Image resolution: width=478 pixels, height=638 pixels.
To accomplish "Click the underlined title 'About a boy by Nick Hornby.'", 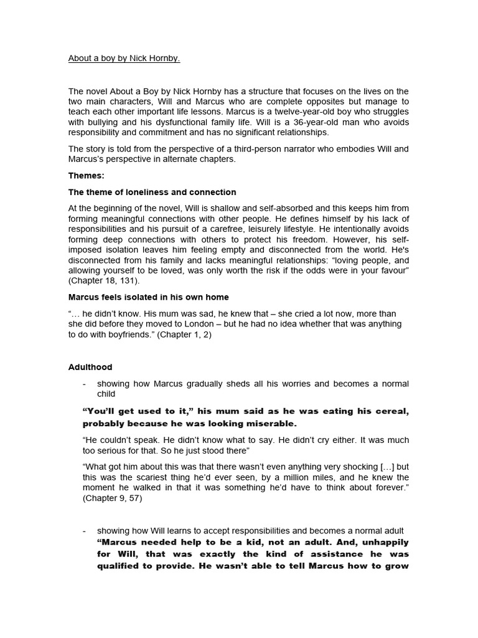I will (x=124, y=59).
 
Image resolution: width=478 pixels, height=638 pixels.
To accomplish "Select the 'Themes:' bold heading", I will (x=86, y=176).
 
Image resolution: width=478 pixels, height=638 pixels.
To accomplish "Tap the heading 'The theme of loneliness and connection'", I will (x=152, y=192).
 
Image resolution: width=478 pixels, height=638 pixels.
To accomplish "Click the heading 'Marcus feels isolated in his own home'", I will (x=149, y=297).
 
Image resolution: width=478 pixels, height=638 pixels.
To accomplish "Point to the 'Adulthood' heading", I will (x=90, y=368).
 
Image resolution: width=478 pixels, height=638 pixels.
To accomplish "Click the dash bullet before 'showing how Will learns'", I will (x=85, y=531).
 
